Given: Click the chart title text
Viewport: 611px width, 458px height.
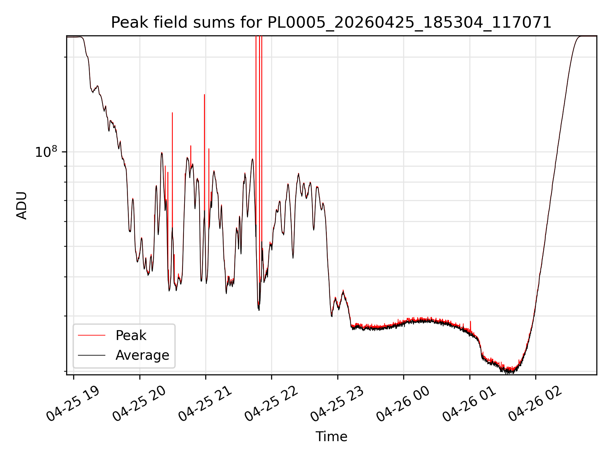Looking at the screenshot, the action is [331, 23].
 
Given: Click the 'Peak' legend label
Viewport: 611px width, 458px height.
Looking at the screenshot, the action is [131, 336].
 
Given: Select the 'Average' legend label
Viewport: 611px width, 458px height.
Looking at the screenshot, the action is [142, 355].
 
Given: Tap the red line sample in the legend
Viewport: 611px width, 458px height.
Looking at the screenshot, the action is [92, 335].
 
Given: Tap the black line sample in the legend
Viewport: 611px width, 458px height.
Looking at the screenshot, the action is [92, 355].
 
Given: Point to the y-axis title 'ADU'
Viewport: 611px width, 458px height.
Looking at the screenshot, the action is [22, 205].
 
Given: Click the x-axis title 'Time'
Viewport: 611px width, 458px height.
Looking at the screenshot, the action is [331, 436].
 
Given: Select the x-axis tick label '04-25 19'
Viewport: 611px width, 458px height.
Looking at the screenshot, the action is [73, 404].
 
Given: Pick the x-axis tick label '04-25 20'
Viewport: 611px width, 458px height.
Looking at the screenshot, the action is [139, 404].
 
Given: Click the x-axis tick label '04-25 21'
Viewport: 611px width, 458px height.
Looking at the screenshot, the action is [205, 404].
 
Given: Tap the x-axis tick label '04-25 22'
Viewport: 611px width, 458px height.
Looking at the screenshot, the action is [271, 404].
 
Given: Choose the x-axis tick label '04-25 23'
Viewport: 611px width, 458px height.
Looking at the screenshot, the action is [337, 404].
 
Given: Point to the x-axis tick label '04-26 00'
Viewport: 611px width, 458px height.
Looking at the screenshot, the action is [403, 404].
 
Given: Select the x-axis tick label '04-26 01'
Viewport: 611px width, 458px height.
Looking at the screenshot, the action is [469, 404].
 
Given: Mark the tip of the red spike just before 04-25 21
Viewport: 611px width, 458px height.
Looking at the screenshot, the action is [204, 94].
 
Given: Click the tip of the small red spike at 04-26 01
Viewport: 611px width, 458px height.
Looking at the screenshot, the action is [470, 322].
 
